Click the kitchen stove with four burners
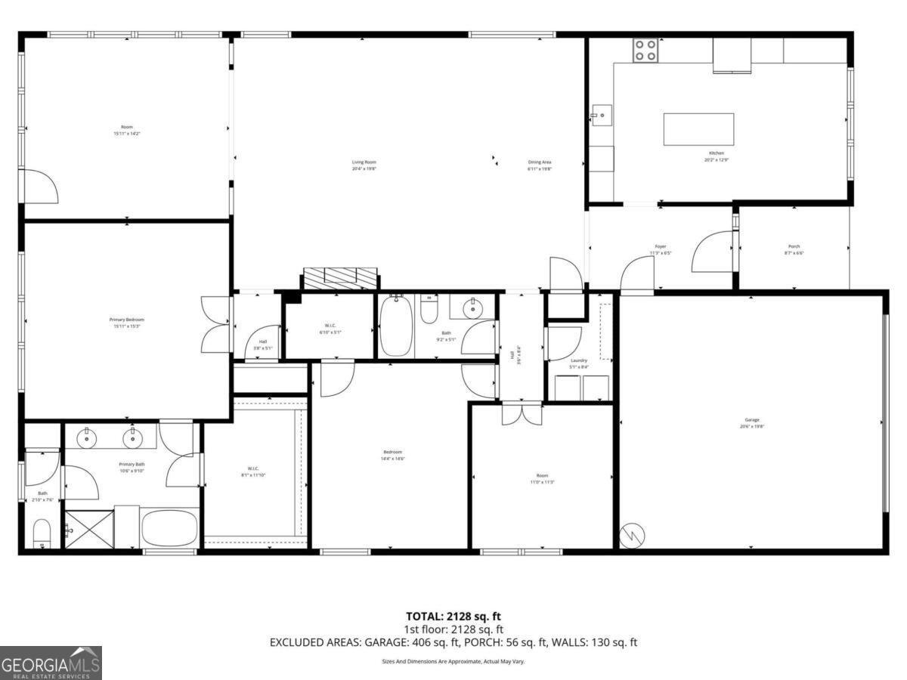coord(645,50)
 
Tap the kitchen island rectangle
coord(698,129)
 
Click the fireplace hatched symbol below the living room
coord(340,277)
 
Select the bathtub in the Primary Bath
coord(169,528)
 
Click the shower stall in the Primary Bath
coord(89,529)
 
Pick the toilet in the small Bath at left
coord(42,535)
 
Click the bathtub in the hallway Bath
coord(395,326)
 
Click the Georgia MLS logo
coord(51,663)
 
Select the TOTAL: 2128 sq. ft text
coord(453,617)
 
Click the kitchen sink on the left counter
coord(602,116)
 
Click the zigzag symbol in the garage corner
coord(633,536)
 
